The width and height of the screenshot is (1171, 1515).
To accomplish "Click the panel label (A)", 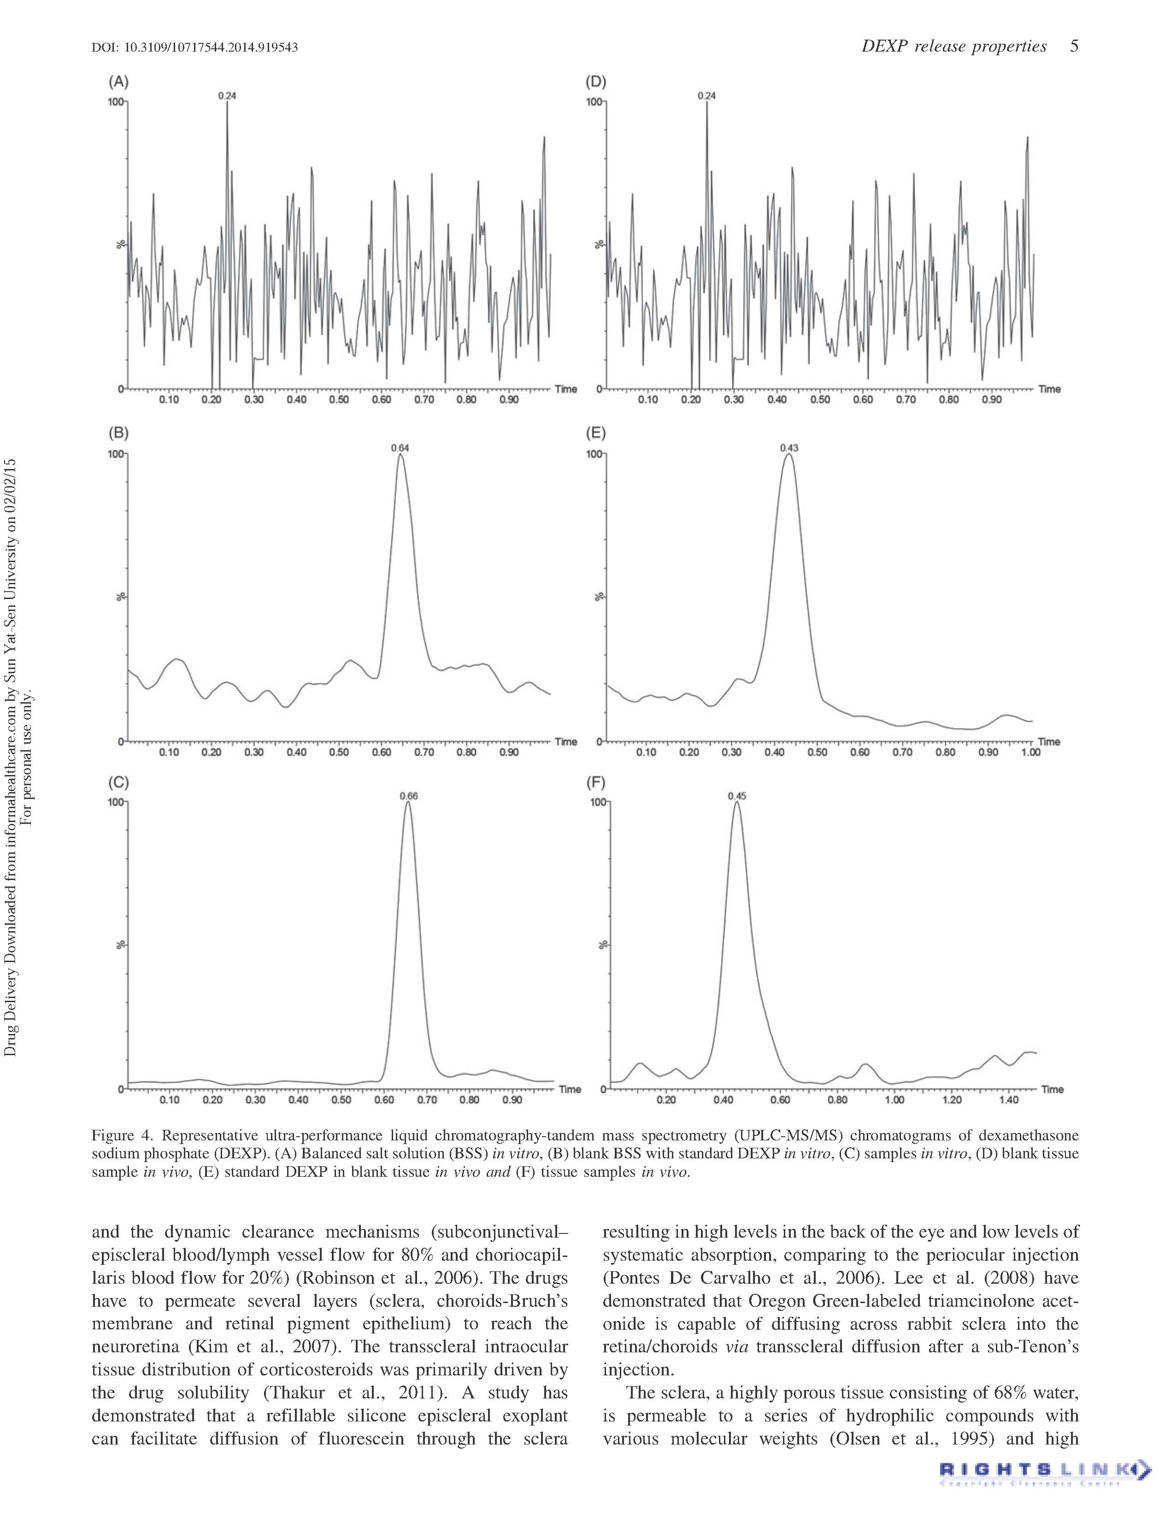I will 118,82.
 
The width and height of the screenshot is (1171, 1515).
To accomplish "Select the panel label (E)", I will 596,434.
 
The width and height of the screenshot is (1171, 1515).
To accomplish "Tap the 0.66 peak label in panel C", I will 409,796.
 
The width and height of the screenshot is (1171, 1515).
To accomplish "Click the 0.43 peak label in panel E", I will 789,447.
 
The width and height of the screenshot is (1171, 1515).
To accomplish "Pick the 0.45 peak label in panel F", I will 737,796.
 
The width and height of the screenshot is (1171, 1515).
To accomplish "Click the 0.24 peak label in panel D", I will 706,96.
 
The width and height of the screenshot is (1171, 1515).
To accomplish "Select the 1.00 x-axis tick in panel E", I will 1031,752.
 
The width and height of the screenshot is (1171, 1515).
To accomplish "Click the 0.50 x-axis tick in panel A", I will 339,400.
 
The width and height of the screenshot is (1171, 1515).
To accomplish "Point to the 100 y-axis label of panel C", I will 115,803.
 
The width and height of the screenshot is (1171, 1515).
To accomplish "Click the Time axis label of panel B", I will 566,741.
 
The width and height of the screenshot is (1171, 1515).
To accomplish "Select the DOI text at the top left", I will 194,47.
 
